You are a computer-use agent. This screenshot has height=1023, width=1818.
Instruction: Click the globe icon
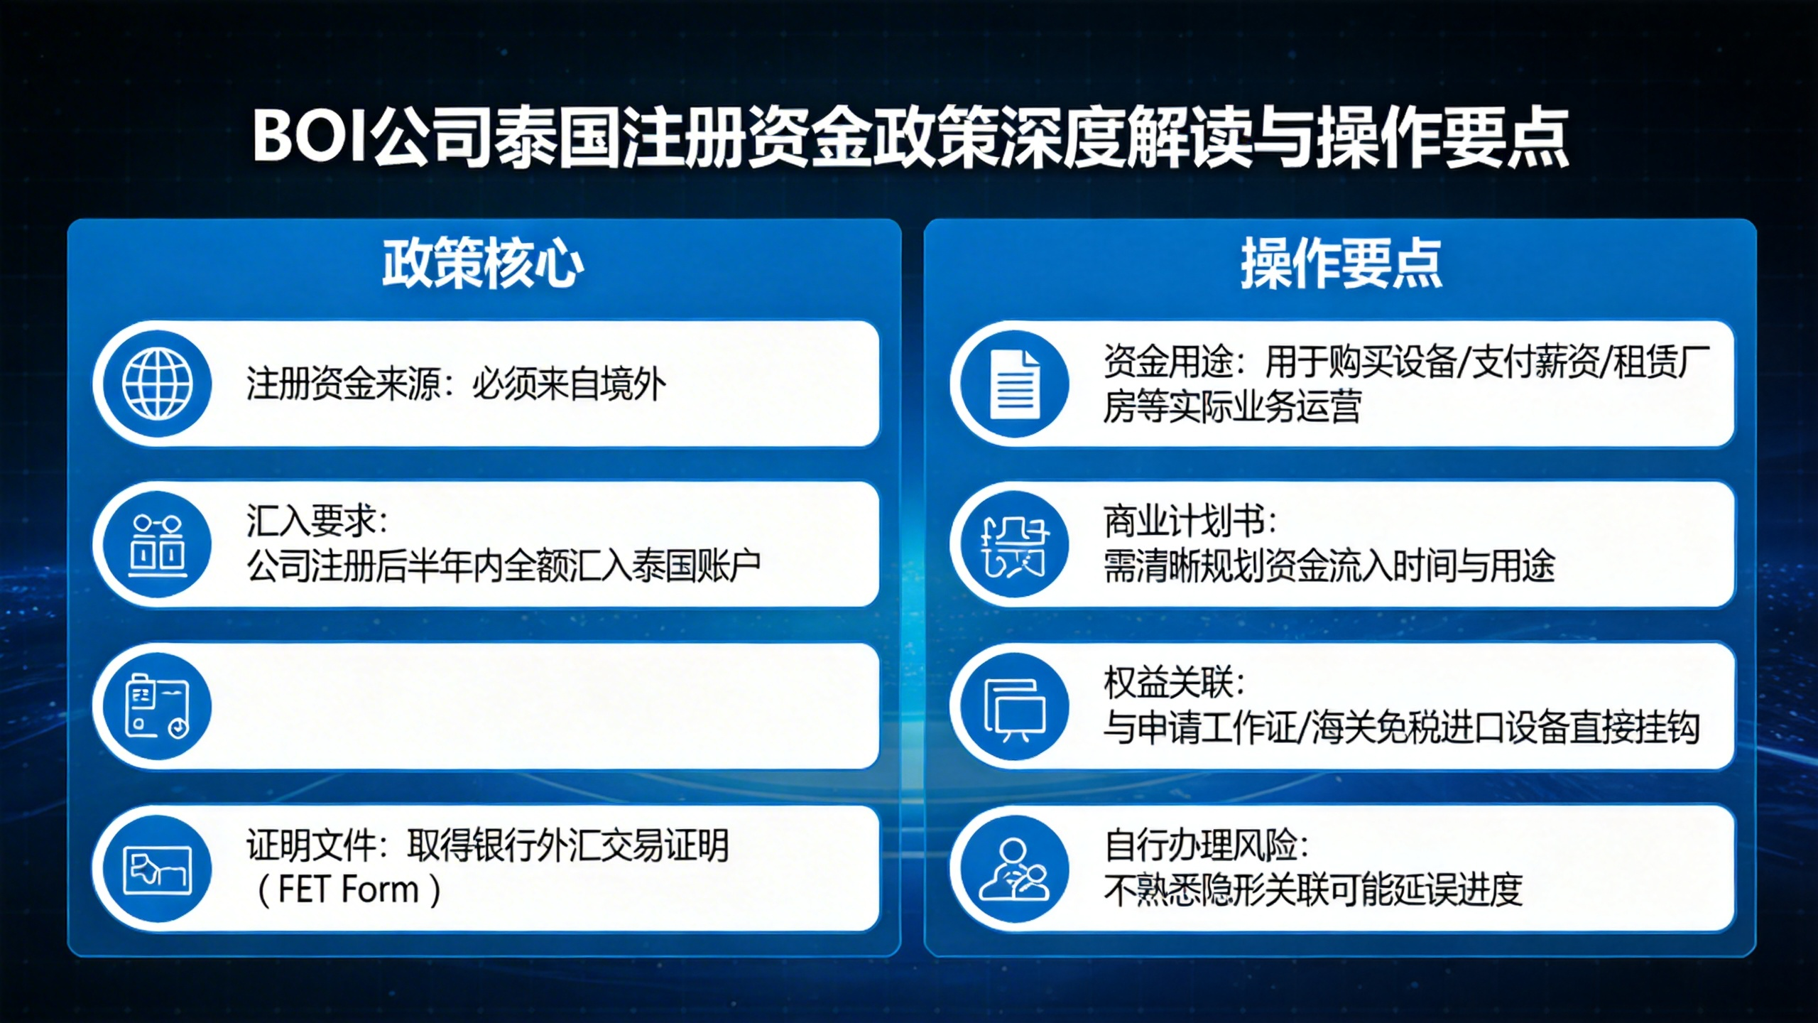[x=157, y=384]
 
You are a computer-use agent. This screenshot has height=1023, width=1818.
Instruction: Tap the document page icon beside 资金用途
[x=1015, y=384]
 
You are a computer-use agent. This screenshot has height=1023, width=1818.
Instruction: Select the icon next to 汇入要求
[x=157, y=545]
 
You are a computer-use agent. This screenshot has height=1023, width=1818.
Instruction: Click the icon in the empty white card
[x=157, y=706]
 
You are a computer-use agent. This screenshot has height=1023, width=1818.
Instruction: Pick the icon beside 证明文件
[x=157, y=870]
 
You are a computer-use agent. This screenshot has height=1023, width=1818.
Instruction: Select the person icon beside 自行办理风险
[x=1015, y=870]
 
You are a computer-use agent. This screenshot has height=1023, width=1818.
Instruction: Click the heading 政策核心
[x=483, y=264]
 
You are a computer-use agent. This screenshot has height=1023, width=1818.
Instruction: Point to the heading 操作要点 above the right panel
[x=1341, y=264]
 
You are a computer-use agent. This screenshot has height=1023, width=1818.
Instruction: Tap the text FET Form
[x=348, y=889]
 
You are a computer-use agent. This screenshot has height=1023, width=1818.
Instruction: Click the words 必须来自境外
[x=569, y=384]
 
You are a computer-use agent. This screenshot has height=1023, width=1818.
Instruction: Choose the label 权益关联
[x=1167, y=683]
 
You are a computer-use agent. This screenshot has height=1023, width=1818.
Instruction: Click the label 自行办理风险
[x=1199, y=845]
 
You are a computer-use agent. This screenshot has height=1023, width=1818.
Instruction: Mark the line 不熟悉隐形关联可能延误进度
[x=1313, y=889]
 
